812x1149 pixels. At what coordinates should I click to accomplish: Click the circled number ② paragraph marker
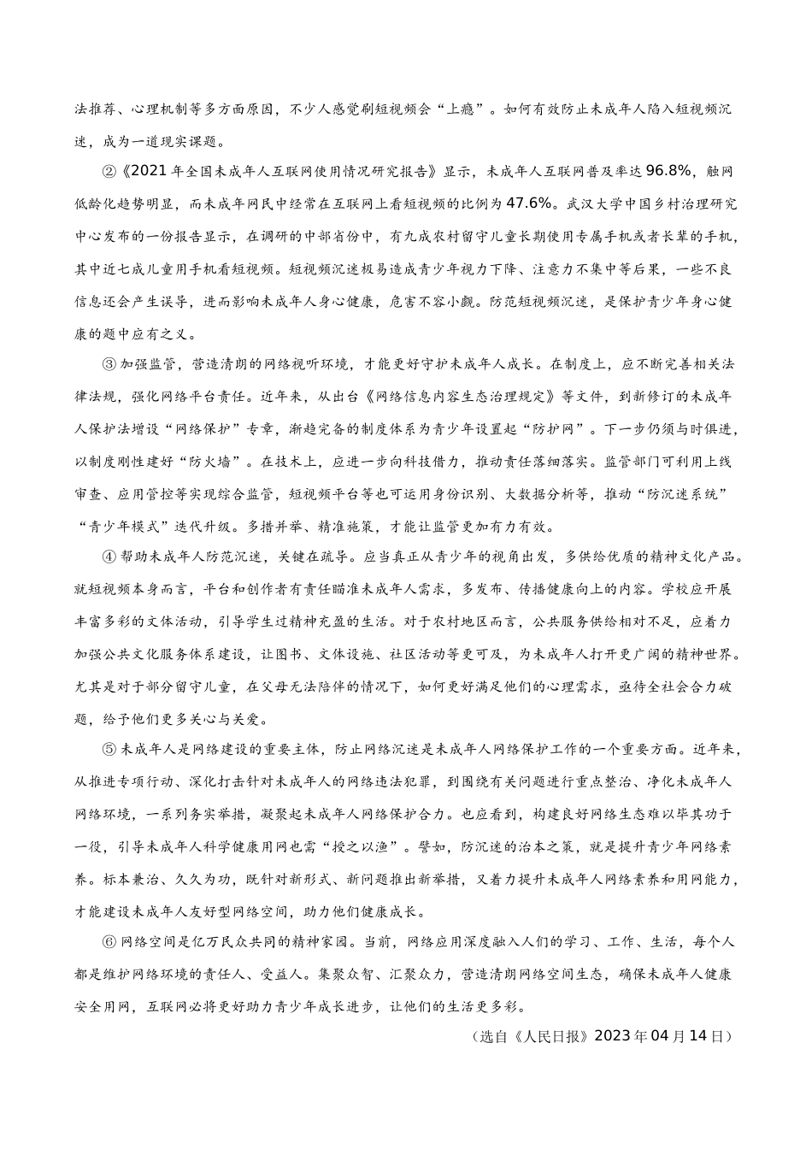pos(109,171)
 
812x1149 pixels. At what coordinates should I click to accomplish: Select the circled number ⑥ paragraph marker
pos(109,941)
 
